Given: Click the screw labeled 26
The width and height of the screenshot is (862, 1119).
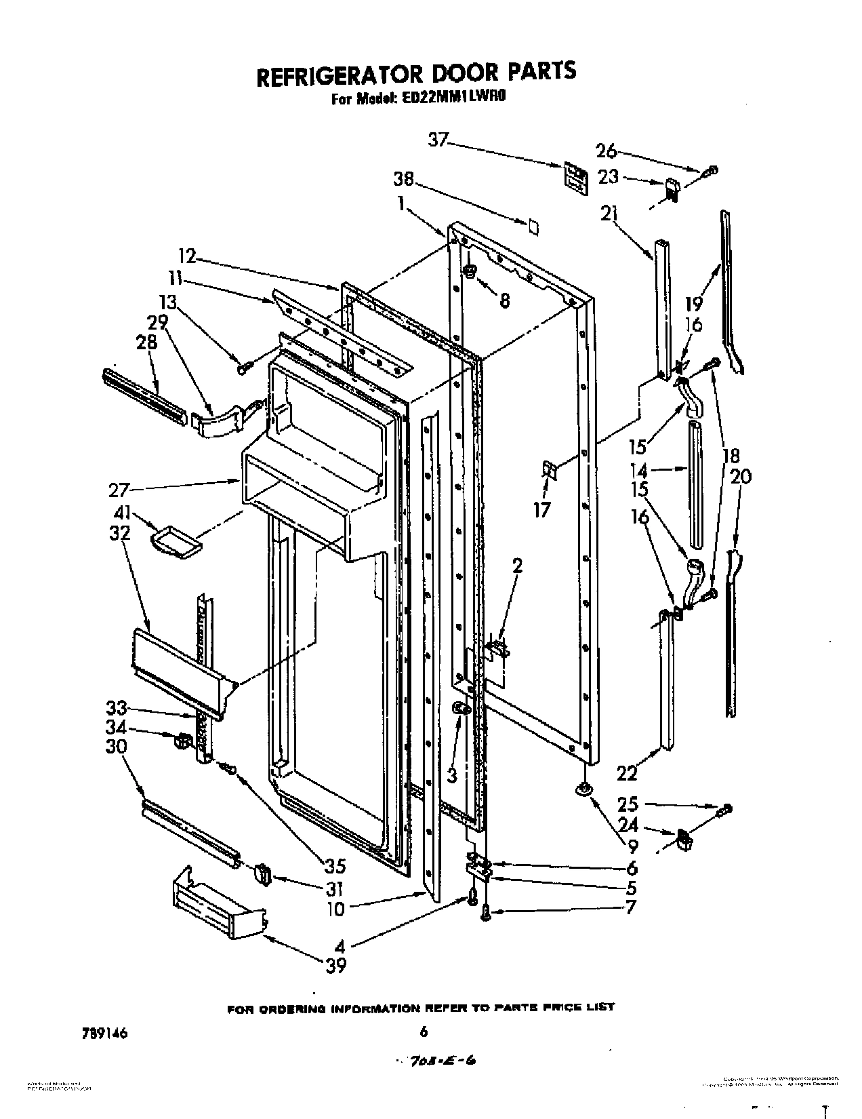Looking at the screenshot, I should (x=710, y=171).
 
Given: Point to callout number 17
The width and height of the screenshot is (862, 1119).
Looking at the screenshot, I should (x=542, y=509).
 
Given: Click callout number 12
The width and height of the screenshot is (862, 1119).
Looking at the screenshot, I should (x=187, y=256).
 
